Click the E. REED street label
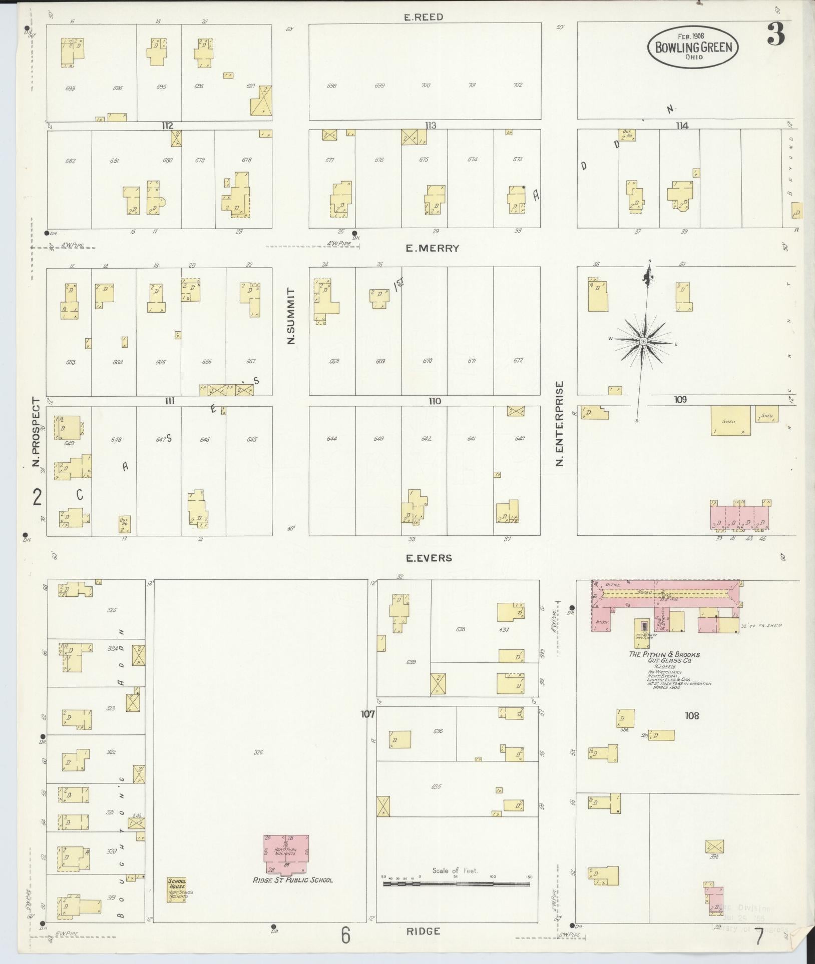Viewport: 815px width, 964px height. coord(424,17)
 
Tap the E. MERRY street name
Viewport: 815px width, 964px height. coord(432,248)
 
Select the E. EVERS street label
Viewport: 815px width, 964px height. coord(429,557)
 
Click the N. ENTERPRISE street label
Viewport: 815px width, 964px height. coord(560,423)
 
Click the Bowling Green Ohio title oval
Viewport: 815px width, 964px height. coord(693,47)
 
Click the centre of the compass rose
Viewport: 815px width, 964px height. coord(643,341)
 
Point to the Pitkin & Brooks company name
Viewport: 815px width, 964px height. coord(664,657)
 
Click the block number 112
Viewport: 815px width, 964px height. coord(167,126)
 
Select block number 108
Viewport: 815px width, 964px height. coord(691,716)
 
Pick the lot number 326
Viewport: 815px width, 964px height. coord(258,752)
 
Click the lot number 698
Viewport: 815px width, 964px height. coord(331,86)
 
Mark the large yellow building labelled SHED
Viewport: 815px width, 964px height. coord(730,421)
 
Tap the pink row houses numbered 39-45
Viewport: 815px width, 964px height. coord(740,516)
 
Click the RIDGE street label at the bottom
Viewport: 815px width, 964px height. coord(424,931)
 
